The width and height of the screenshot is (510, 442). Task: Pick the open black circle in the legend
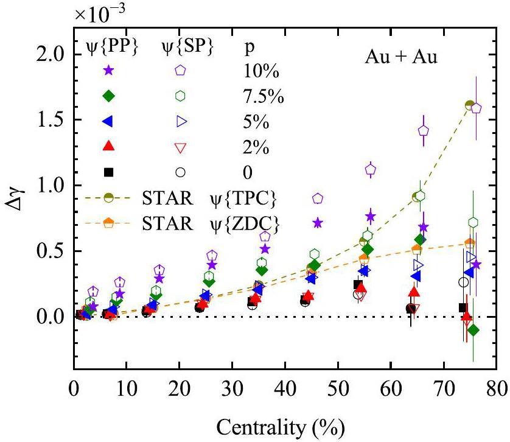pyautogui.click(x=180, y=172)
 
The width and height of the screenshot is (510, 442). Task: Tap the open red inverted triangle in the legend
pyautogui.click(x=180, y=147)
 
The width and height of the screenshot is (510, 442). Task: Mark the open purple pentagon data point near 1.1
pyautogui.click(x=370, y=170)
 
